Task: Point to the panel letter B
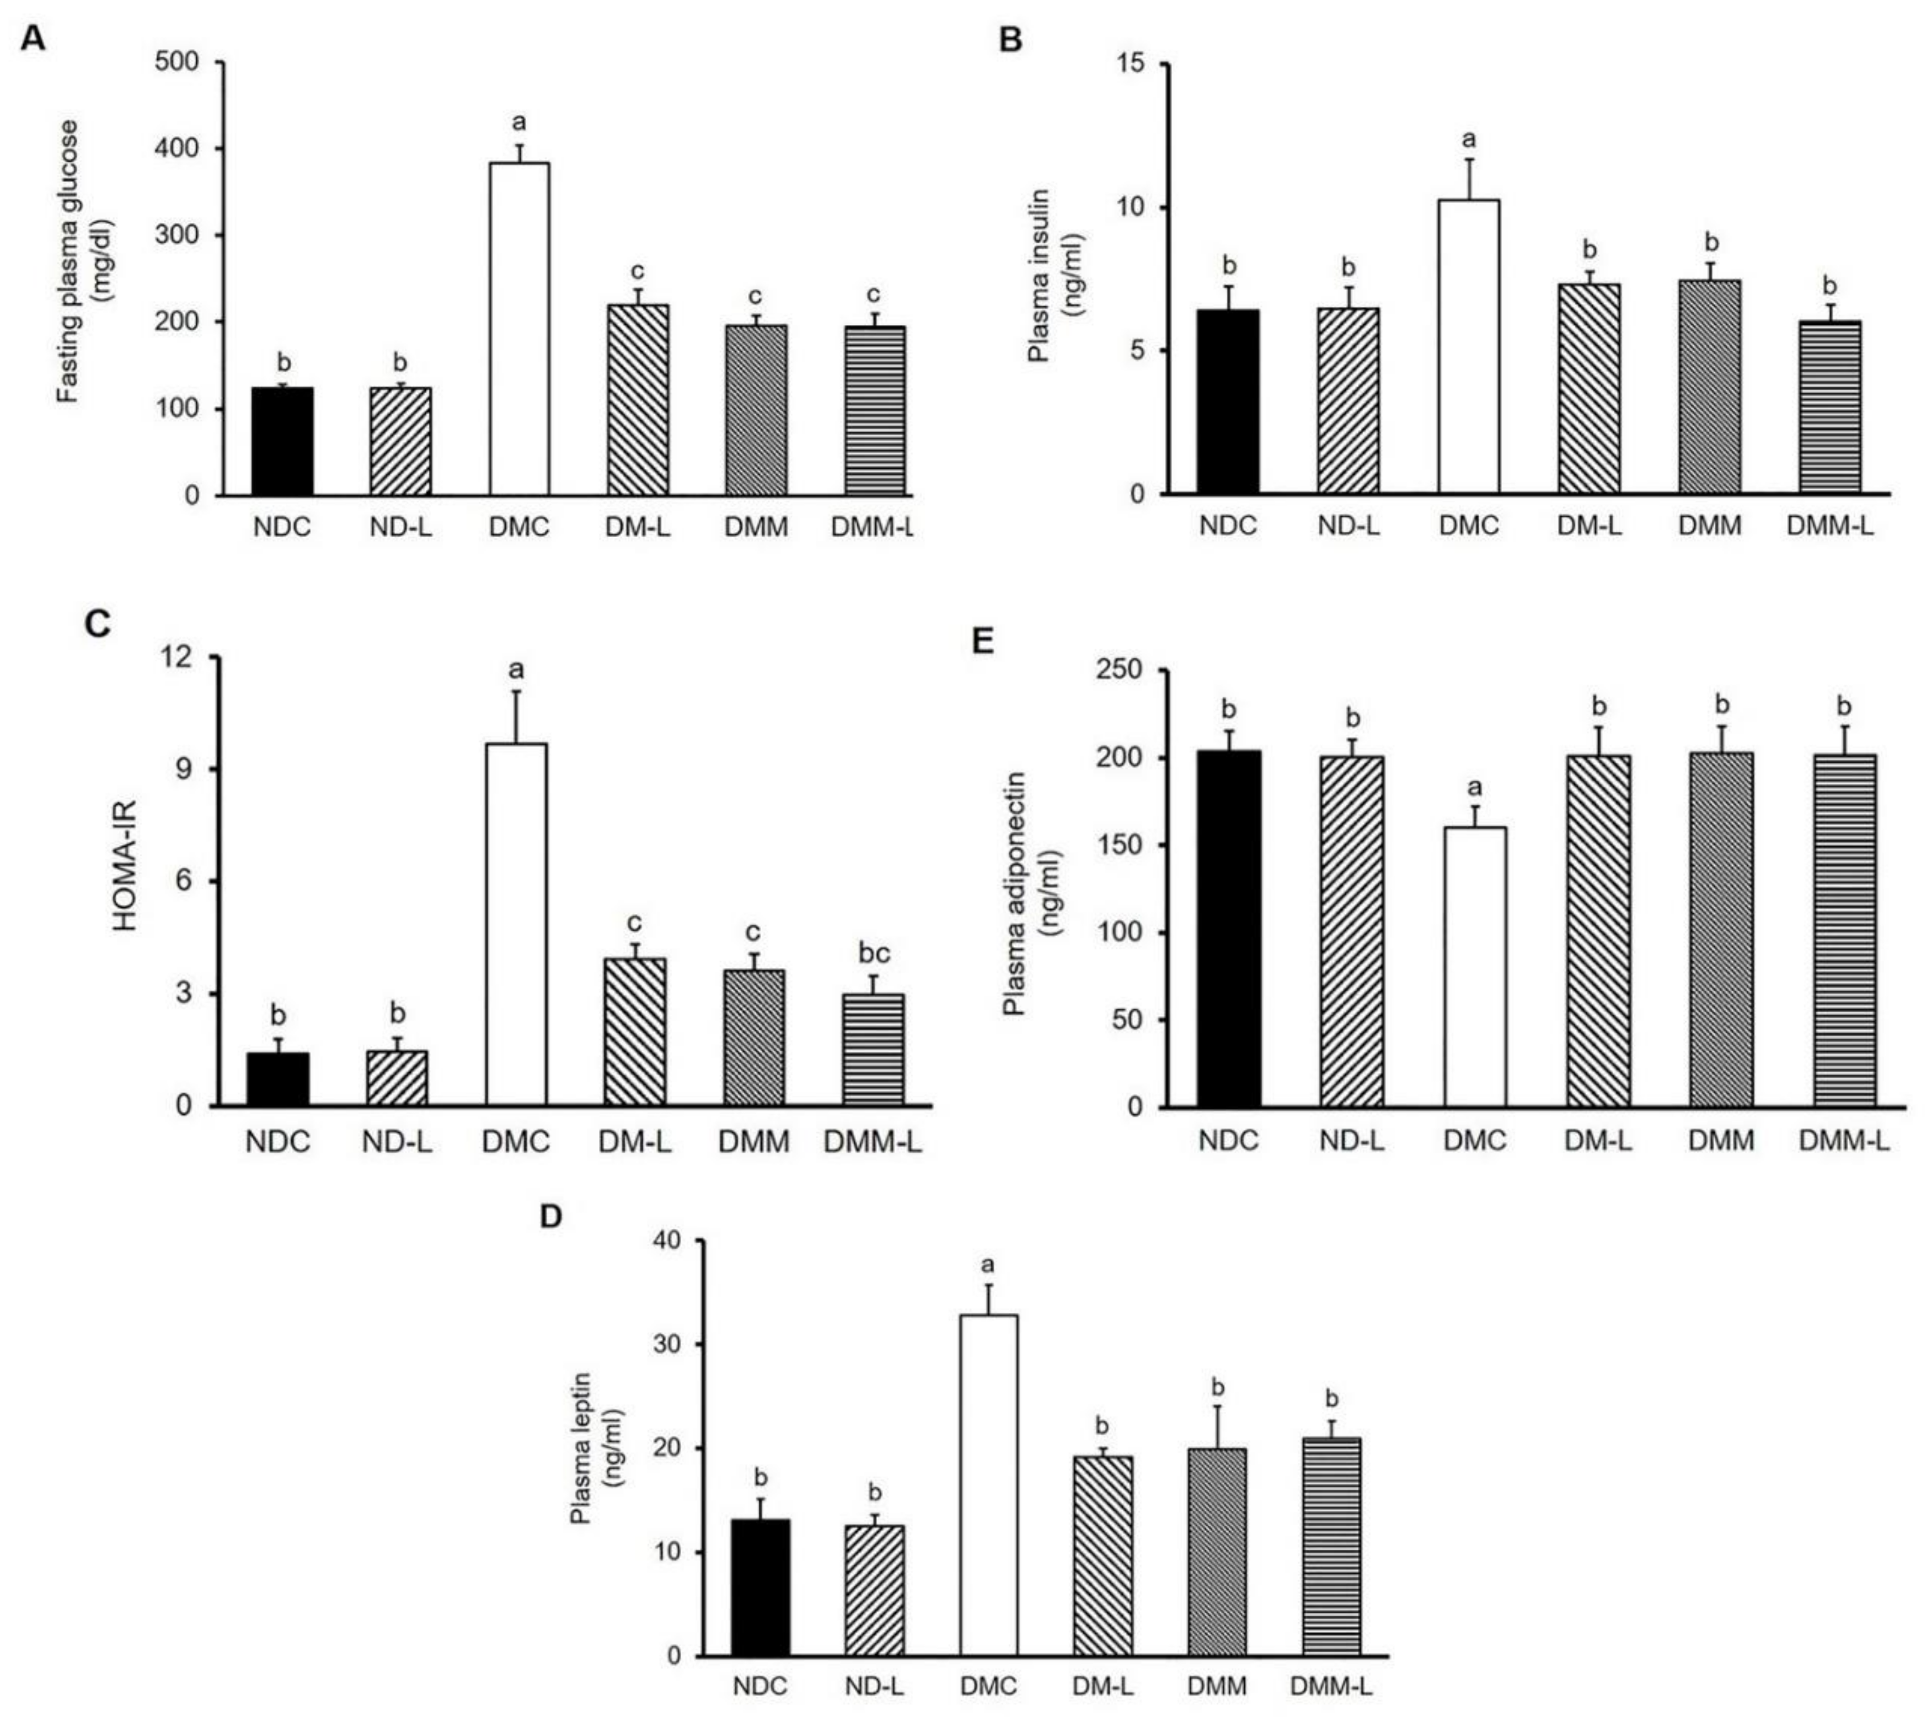click(1010, 41)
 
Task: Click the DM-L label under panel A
click(638, 527)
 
